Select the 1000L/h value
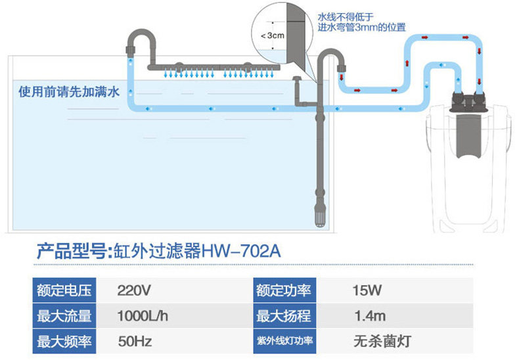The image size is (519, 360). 143,316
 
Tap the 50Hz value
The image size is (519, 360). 133,342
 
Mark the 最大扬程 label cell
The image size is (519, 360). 284,316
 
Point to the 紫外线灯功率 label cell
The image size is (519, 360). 284,342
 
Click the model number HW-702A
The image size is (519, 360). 244,252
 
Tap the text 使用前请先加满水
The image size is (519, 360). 69,92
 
